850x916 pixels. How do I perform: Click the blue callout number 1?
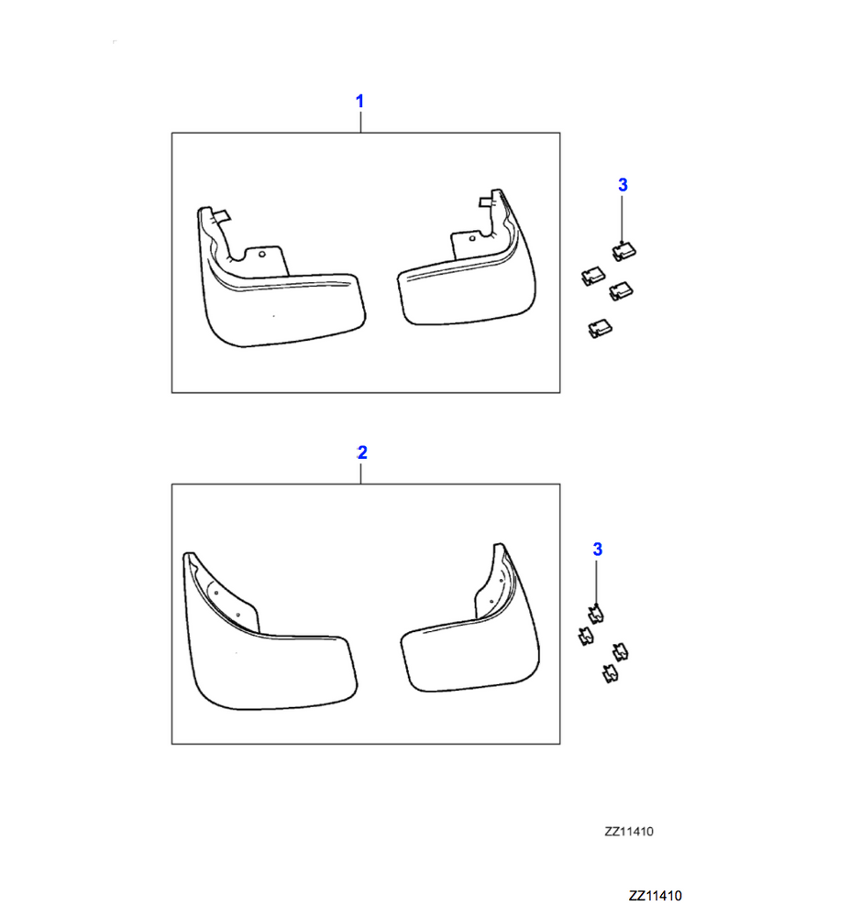click(359, 102)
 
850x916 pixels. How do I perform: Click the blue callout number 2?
click(362, 453)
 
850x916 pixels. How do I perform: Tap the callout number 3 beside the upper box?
click(623, 185)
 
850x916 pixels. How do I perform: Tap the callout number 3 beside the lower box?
click(598, 550)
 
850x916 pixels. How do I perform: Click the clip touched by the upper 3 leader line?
click(624, 252)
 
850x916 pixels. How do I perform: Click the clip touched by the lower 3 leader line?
click(596, 615)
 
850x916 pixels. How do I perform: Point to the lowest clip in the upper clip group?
click(600, 328)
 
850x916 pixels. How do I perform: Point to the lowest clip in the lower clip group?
click(611, 674)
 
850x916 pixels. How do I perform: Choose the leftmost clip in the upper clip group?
click(592, 276)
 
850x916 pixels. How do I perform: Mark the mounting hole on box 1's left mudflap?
click(262, 254)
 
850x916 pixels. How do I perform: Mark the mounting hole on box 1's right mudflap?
click(472, 238)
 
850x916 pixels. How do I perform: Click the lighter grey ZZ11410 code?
click(629, 832)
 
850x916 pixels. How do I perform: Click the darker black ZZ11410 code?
click(656, 896)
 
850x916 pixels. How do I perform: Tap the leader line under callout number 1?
click(360, 122)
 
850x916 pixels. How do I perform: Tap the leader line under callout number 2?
click(360, 474)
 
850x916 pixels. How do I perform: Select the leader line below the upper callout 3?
click(622, 219)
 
